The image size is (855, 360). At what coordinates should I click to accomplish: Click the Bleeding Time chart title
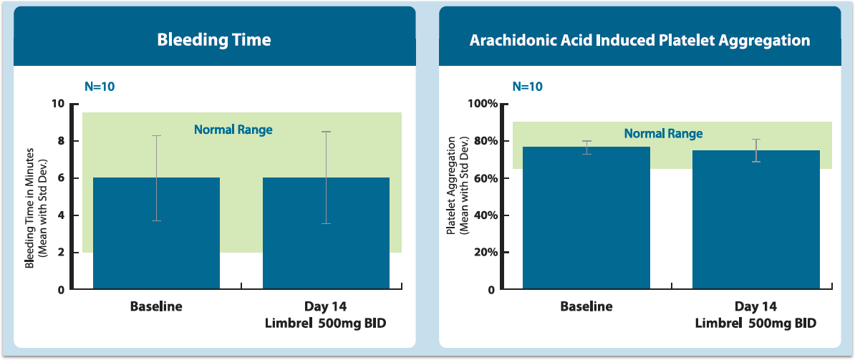click(214, 39)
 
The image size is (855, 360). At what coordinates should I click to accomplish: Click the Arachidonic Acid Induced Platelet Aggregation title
click(639, 40)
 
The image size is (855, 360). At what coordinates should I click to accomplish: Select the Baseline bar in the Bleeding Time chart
click(156, 243)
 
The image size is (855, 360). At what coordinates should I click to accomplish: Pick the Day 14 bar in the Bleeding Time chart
click(326, 243)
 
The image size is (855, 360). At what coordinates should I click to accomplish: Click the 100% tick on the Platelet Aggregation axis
click(483, 104)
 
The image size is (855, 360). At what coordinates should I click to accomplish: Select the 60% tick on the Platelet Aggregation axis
click(485, 178)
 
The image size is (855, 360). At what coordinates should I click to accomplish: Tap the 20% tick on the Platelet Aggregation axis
click(485, 253)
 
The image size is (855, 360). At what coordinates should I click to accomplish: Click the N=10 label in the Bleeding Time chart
click(100, 87)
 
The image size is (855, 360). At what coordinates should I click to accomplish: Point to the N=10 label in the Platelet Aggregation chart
click(528, 87)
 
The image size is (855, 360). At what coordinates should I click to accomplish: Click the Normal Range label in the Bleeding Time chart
click(233, 130)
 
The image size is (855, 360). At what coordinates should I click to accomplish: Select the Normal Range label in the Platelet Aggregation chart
click(663, 134)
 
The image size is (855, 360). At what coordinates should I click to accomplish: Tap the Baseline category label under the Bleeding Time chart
click(156, 306)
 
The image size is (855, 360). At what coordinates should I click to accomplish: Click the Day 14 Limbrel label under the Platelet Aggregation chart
click(755, 315)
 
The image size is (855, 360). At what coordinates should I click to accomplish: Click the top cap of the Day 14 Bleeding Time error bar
click(326, 132)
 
